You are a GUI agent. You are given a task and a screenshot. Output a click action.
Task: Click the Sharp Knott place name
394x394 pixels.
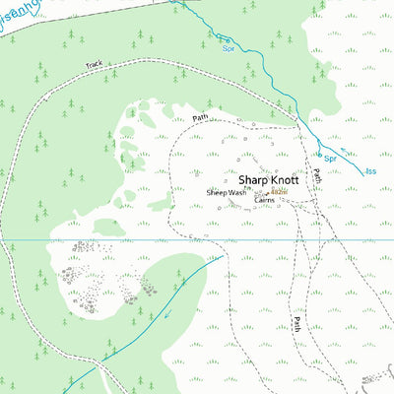pyautogui.click(x=268, y=180)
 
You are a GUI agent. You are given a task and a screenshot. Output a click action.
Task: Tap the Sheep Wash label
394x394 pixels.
pyautogui.click(x=227, y=193)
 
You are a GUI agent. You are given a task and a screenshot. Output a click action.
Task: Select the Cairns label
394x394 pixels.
pyautogui.click(x=263, y=200)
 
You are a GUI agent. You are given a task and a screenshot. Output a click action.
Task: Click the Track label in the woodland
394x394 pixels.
pyautogui.click(x=94, y=65)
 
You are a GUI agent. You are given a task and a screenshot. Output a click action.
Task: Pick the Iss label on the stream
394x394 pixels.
pyautogui.click(x=370, y=170)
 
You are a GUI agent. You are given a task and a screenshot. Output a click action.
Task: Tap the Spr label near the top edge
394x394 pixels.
pyautogui.click(x=229, y=47)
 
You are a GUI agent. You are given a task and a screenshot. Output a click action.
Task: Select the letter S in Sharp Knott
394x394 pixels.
pyautogui.click(x=241, y=180)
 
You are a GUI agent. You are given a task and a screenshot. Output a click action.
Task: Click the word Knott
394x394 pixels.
pyautogui.click(x=284, y=180)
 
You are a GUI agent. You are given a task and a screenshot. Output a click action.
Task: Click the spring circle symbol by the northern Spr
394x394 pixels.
pyautogui.click(x=218, y=37)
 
